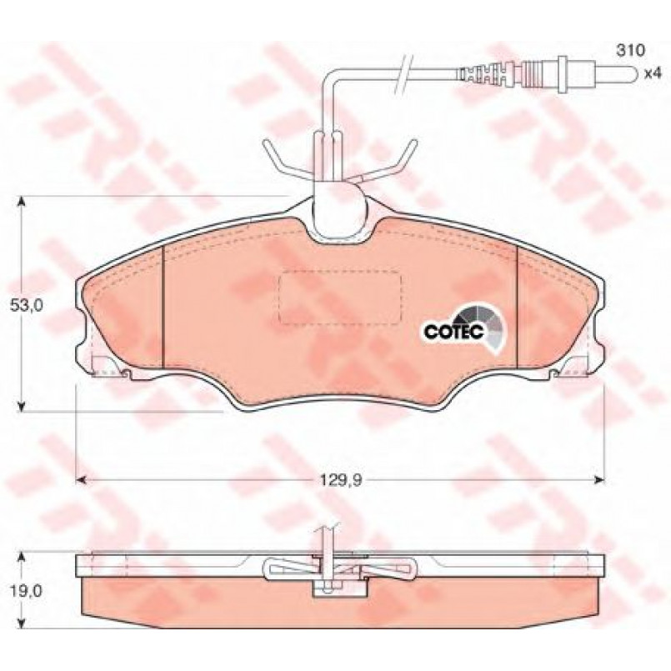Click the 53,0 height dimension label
pyautogui.click(x=27, y=306)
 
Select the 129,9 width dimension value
pyautogui.click(x=341, y=480)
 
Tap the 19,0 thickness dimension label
pyautogui.click(x=27, y=591)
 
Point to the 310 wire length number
pyautogui.click(x=630, y=50)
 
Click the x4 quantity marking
pyautogui.click(x=653, y=73)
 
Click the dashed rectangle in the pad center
pyautogui.click(x=340, y=298)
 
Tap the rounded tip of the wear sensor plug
pyautogui.click(x=633, y=73)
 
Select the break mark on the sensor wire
pyautogui.click(x=403, y=75)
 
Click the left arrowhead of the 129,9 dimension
pyautogui.click(x=82, y=480)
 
